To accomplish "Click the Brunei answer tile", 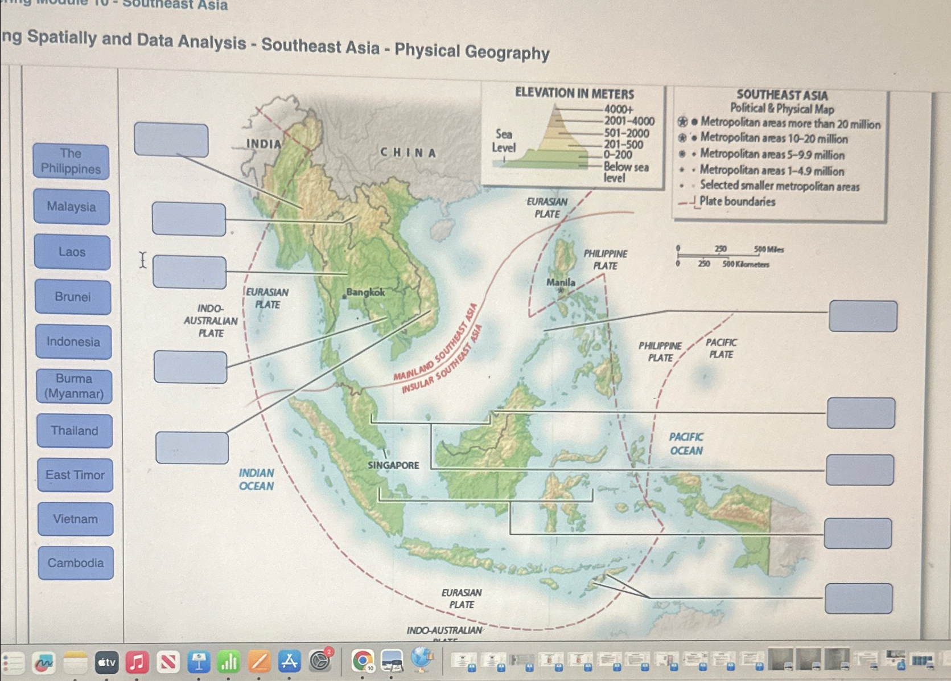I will click(x=73, y=297).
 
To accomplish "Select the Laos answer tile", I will click(x=72, y=252).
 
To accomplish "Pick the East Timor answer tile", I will click(x=75, y=475).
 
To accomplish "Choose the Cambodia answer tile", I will click(x=76, y=563).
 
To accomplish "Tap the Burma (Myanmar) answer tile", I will click(x=74, y=386).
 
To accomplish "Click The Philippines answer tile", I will click(x=71, y=161).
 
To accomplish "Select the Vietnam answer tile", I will click(x=76, y=519).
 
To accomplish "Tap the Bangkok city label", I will click(x=365, y=292).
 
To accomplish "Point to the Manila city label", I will click(x=561, y=282).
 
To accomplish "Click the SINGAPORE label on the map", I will click(x=393, y=465).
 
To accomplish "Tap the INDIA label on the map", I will click(x=264, y=144).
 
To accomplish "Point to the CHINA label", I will click(x=408, y=153).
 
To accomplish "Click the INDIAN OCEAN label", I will click(x=256, y=479).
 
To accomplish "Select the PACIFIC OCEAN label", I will click(x=686, y=444).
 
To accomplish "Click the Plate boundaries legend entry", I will click(x=736, y=202).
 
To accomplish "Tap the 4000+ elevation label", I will click(x=619, y=109).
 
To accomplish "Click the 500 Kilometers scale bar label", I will click(x=746, y=264).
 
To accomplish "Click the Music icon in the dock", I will click(x=137, y=662).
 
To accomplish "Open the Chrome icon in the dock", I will click(x=363, y=661).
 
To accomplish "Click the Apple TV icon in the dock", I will click(x=106, y=662).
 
